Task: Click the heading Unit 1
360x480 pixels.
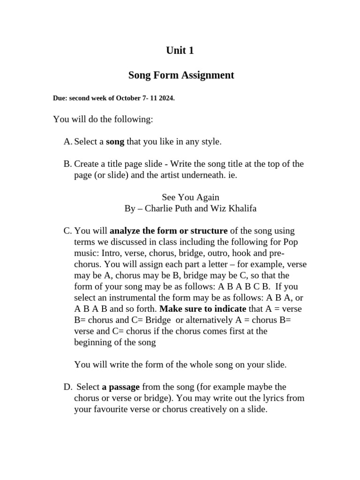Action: tap(180, 51)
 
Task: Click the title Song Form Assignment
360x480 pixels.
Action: tap(181, 75)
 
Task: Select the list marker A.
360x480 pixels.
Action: tap(67, 142)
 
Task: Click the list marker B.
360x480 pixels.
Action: tap(67, 164)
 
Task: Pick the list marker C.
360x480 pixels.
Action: tap(67, 231)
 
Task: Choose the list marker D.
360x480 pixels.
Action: tap(67, 387)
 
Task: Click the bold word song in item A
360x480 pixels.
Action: tap(115, 142)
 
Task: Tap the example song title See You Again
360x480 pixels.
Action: tap(190, 197)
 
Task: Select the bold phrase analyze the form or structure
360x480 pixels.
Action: tap(168, 231)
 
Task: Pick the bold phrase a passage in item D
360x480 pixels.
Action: tap(120, 387)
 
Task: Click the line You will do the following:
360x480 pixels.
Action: tap(103, 120)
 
